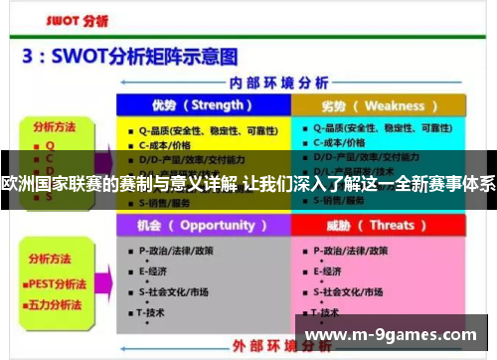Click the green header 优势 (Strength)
(x=203, y=104)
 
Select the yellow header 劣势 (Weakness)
(x=379, y=104)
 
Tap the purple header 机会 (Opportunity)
(x=203, y=224)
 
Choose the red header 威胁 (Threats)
(x=379, y=224)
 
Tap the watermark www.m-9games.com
(x=406, y=335)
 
